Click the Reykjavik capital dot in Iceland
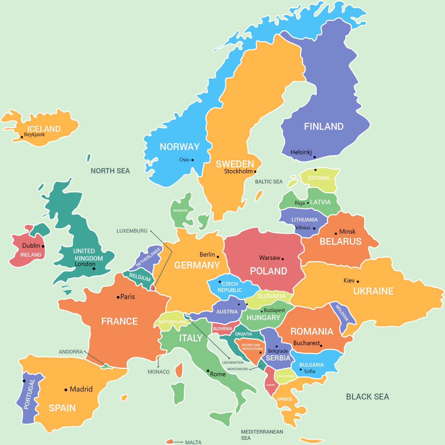pos(22,137)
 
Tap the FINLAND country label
pos(323,127)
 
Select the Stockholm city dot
pos(255,172)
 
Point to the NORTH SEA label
pos(110,171)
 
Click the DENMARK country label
pos(180,211)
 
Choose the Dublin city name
pos(31,246)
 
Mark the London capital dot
pos(94,269)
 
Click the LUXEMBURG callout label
pos(132,231)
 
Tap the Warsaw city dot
pos(283,259)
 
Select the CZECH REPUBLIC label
pos(230,287)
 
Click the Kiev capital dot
pos(358,281)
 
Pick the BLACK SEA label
pos(367,397)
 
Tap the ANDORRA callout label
pos(71,352)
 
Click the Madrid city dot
pos(66,390)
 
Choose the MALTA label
pos(193,442)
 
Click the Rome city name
pos(218,374)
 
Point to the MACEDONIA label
pos(285,376)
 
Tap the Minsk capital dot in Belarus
pos(336,234)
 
